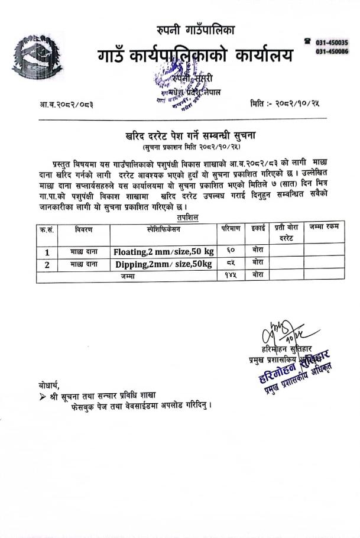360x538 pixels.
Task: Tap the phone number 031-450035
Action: [x=331, y=42]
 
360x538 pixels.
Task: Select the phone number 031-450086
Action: [x=331, y=51]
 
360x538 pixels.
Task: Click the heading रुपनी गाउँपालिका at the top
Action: [x=196, y=29]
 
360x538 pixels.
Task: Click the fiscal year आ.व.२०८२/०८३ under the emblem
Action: [x=66, y=104]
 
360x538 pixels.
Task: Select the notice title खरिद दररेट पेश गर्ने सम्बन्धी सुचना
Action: [x=194, y=135]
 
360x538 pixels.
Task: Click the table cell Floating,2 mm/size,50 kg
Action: [x=164, y=251]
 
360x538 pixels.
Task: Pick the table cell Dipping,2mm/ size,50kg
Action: [x=164, y=264]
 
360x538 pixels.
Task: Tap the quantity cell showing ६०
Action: [x=230, y=251]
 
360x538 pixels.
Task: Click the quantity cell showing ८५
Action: [x=230, y=263]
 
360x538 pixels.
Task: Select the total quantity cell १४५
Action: [x=230, y=276]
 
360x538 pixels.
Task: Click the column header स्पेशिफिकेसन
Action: [x=164, y=228]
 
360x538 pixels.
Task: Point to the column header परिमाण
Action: [x=231, y=228]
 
